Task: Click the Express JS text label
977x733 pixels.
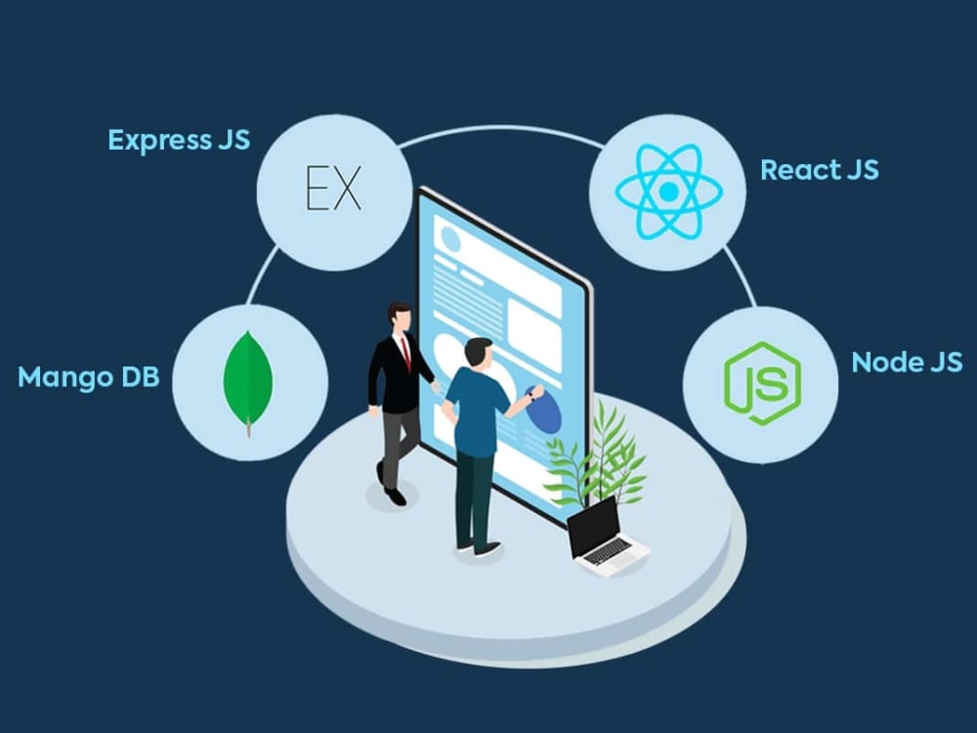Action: pyautogui.click(x=179, y=140)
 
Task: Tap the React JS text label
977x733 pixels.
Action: pyautogui.click(x=820, y=169)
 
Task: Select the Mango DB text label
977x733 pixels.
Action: pyautogui.click(x=89, y=376)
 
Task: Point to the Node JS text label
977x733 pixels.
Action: pyautogui.click(x=907, y=363)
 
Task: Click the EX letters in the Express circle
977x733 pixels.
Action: pyautogui.click(x=334, y=187)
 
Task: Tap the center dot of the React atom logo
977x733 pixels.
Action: pyautogui.click(x=668, y=192)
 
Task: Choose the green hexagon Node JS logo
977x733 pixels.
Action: pyautogui.click(x=762, y=383)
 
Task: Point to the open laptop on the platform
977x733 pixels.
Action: pyautogui.click(x=606, y=537)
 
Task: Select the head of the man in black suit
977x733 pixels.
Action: pyautogui.click(x=399, y=318)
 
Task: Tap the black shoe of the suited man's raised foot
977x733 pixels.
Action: pyautogui.click(x=395, y=496)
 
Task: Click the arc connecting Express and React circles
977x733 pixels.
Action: pyautogui.click(x=501, y=129)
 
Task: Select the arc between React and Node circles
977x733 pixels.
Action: pyautogui.click(x=742, y=277)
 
